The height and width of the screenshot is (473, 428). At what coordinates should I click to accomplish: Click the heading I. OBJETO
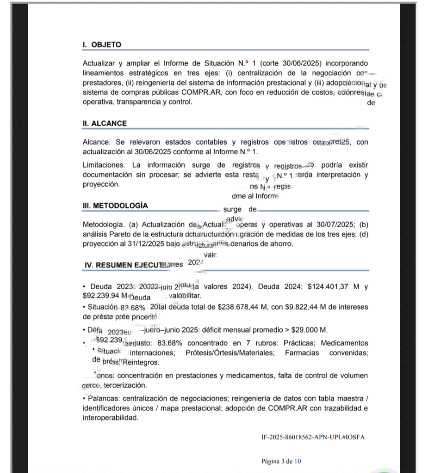tap(102, 45)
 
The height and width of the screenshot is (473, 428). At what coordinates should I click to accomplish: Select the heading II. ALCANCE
tap(105, 124)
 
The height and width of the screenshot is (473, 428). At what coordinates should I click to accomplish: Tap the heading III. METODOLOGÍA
tap(115, 205)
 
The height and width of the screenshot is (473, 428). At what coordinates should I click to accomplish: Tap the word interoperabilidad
tap(110, 418)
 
